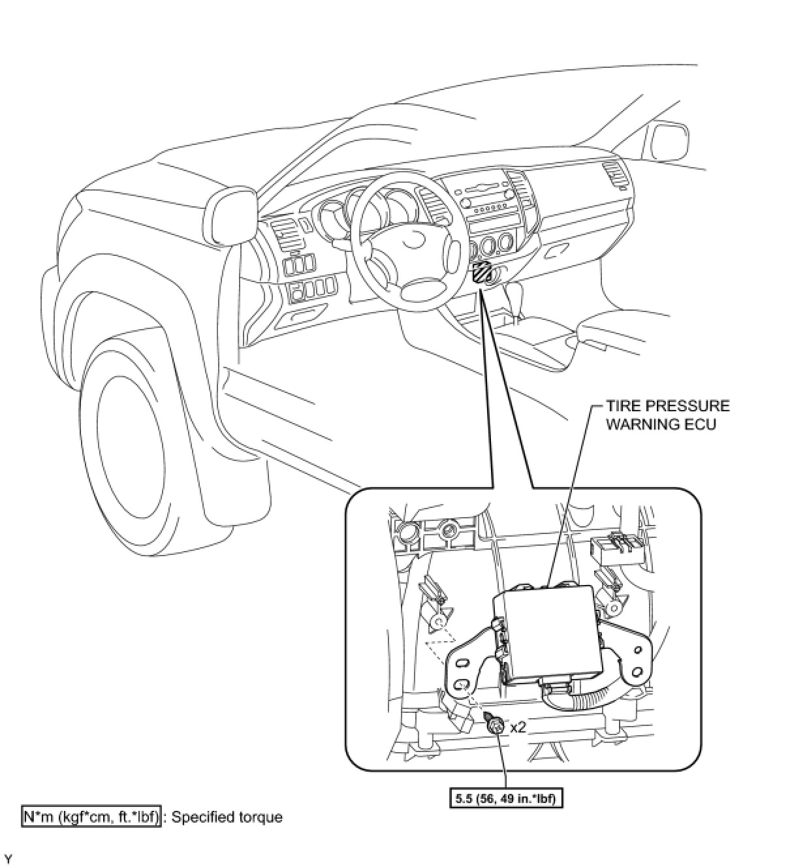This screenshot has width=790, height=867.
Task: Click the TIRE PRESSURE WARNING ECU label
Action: (667, 415)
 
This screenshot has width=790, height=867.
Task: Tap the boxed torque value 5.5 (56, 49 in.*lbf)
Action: (506, 798)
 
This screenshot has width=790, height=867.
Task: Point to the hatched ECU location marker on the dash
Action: (482, 272)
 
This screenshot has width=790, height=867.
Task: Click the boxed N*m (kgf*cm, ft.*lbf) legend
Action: (91, 817)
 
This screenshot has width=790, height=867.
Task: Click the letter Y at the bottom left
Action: (8, 857)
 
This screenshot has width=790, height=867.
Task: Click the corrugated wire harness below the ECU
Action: (588, 699)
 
